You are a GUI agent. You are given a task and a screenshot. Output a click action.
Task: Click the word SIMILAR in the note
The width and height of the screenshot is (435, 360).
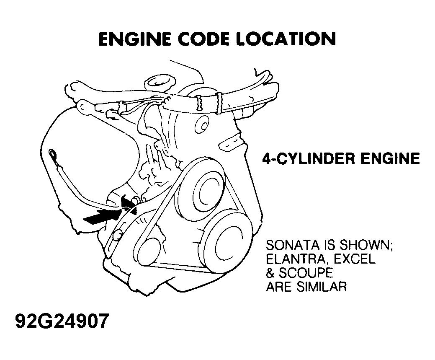pos(323,287)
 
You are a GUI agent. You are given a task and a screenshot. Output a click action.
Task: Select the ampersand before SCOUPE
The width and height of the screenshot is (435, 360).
pos(270,273)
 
